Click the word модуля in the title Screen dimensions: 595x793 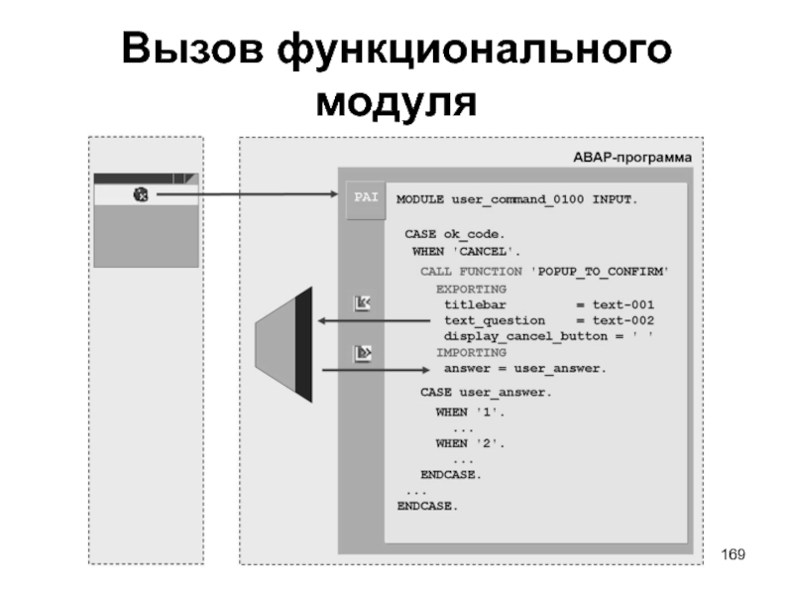pos(396,101)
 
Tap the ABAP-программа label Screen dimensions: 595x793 pos(631,158)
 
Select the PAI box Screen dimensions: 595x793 pos(361,197)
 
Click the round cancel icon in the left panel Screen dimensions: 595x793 pos(140,195)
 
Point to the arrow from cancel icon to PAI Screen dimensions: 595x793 pos(248,195)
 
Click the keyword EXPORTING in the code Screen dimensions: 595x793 pos(471,288)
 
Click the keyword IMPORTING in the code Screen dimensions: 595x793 pos(471,352)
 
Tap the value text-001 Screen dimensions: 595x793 pos(617,304)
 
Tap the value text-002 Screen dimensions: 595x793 pos(617,320)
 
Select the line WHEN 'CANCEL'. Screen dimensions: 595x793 pos(465,251)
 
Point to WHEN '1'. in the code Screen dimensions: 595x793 pos(470,411)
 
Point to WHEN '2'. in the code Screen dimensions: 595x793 pos(470,443)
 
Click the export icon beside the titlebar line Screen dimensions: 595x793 pos(362,303)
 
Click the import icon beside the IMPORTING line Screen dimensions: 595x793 pos(362,352)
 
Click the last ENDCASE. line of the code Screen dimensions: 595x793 pos(428,506)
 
